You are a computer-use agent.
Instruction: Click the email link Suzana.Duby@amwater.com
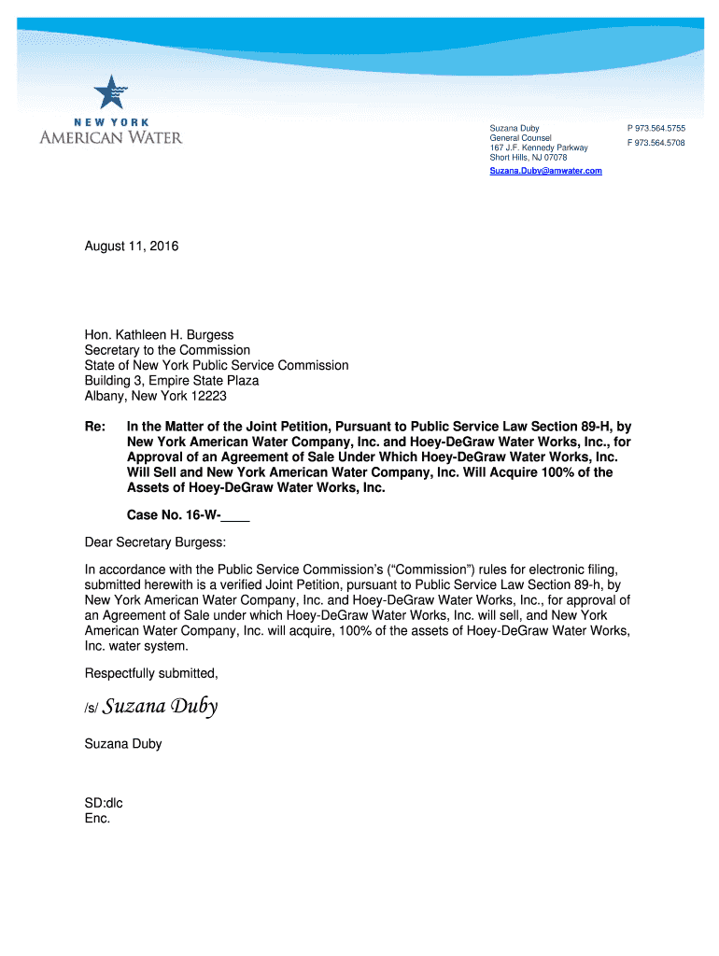(545, 172)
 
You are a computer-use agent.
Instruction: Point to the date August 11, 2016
(131, 246)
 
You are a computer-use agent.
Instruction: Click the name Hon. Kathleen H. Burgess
(160, 334)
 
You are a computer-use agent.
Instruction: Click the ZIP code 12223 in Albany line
(208, 396)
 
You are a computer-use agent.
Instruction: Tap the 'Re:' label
(94, 427)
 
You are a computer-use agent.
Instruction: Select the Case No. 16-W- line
(188, 514)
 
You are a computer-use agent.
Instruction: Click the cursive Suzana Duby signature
(160, 707)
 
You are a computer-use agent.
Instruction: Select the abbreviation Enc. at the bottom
(97, 818)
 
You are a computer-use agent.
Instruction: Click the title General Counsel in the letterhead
(521, 138)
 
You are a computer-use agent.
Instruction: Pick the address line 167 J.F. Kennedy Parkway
(539, 148)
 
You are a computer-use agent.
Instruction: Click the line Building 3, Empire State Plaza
(172, 381)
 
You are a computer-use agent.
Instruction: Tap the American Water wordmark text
(111, 138)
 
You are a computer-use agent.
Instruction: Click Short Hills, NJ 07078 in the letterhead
(529, 158)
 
